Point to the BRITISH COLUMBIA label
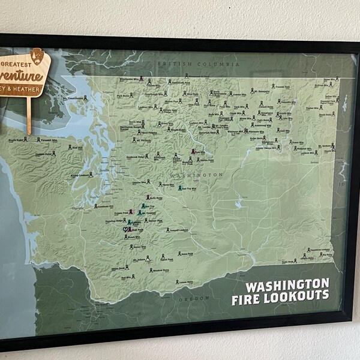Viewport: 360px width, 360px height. [197, 64]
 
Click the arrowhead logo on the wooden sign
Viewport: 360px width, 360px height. [37, 56]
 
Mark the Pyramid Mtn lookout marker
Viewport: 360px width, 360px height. [194, 152]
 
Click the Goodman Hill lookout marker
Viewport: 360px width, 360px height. [95, 206]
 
